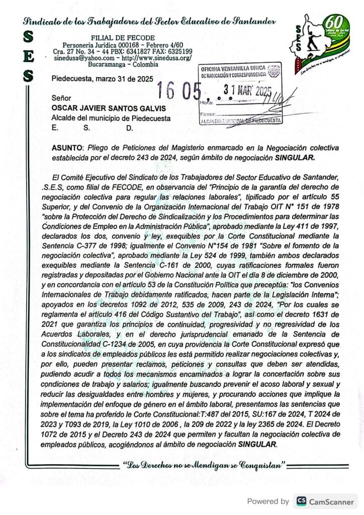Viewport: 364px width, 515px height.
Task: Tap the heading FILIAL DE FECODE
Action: (123, 38)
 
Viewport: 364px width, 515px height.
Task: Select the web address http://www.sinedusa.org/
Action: (158, 58)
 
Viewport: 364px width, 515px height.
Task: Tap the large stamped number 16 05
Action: (178, 91)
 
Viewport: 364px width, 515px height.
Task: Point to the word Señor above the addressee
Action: (61, 98)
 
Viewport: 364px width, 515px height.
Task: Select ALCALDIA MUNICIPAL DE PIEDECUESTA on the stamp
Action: (240, 121)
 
